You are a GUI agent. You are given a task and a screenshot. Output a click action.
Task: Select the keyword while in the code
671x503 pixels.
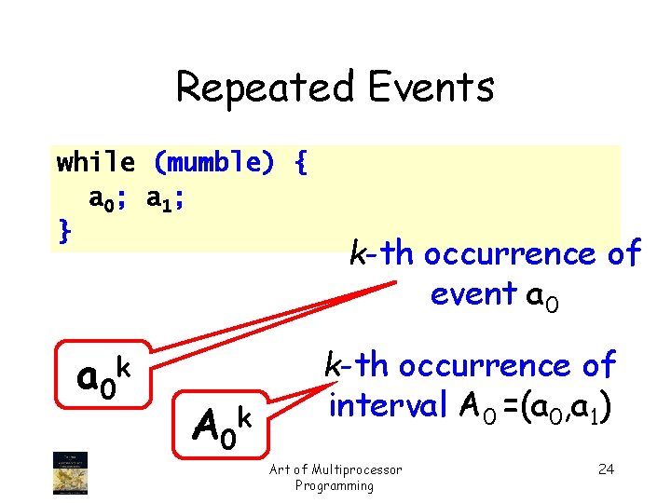95,163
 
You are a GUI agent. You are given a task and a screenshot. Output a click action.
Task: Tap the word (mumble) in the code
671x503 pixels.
213,163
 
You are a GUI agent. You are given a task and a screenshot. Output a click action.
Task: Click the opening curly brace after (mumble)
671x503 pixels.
299,163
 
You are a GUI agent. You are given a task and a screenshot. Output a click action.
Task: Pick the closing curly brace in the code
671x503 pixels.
63,230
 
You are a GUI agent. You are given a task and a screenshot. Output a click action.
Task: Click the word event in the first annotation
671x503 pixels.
473,293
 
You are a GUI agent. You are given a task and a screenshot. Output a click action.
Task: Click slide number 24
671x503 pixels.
605,469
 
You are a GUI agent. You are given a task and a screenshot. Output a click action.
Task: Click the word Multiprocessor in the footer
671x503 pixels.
357,469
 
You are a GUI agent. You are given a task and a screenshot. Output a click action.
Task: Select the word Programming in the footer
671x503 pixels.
335,485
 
